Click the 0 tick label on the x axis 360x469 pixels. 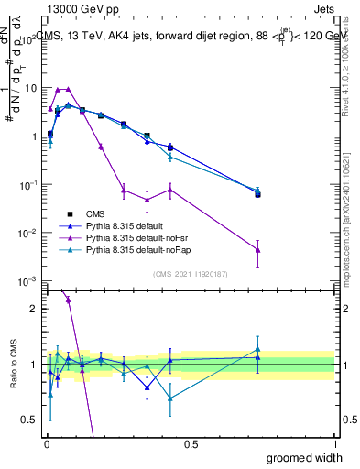47,442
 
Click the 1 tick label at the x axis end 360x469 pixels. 333,442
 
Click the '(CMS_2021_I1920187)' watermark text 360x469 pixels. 189,273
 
